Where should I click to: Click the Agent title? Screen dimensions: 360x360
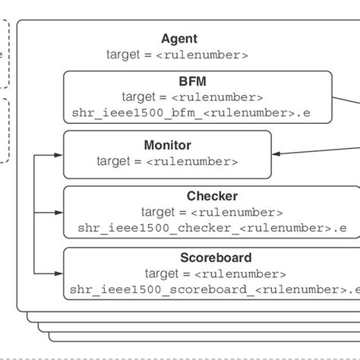[179, 39]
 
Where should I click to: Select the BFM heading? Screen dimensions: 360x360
[193, 81]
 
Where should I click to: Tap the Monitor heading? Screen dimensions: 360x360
[167, 144]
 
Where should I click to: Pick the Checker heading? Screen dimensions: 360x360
[212, 197]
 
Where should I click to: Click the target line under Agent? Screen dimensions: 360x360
[177, 55]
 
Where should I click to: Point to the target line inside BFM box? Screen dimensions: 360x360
[193, 97]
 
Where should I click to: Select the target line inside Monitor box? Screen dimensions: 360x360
[167, 161]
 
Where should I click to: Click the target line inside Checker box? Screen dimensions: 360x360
[212, 212]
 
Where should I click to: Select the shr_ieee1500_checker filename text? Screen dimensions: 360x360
[212, 227]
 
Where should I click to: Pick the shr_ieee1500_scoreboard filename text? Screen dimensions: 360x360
[212, 289]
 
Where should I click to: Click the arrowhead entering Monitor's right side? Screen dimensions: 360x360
[276, 153]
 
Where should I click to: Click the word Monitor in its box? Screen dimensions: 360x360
[167, 144]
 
